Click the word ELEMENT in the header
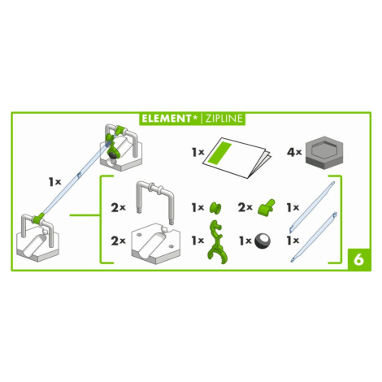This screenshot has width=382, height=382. (x=167, y=119)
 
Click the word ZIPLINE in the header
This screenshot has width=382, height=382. (x=224, y=119)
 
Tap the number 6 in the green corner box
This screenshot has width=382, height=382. (x=359, y=260)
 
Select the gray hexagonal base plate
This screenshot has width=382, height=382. (x=324, y=153)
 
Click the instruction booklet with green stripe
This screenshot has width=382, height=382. (x=237, y=158)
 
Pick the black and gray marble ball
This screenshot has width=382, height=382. (x=263, y=241)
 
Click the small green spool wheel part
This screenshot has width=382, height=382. (x=215, y=208)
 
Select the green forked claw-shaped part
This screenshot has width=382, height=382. (x=217, y=242)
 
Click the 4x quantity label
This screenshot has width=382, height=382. (x=294, y=152)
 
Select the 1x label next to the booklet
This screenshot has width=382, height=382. (x=198, y=152)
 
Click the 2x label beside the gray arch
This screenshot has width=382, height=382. (x=118, y=208)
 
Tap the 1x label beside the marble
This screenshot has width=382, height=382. (x=245, y=241)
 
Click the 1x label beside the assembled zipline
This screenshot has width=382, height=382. (x=55, y=182)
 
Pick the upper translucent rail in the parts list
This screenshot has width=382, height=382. (x=312, y=207)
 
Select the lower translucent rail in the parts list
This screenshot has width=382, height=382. (x=314, y=237)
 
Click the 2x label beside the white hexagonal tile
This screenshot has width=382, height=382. (x=118, y=241)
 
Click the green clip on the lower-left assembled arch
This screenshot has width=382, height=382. (x=38, y=218)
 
